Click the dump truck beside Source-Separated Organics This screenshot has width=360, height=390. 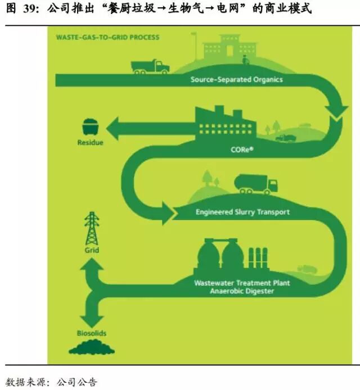point(150,66)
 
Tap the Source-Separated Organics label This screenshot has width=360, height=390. point(236,80)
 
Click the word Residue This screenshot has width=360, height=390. point(90,143)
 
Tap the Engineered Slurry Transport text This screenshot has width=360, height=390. point(242,212)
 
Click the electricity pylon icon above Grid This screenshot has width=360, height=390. point(91,228)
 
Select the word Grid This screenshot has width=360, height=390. point(92,250)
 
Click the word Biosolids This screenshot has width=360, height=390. point(92,333)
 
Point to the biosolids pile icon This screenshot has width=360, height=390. point(92,348)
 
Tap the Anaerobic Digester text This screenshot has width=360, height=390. point(242,291)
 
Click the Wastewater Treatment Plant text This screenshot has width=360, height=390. point(242,283)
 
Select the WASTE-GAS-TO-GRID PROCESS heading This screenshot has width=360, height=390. point(107,38)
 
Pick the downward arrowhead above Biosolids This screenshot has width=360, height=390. point(92,316)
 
